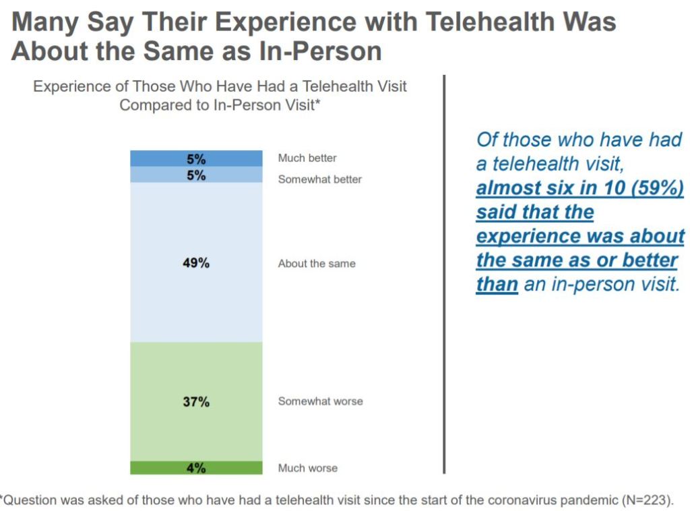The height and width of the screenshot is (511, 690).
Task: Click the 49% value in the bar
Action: coord(196,263)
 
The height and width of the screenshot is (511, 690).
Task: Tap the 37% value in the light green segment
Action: coord(196,401)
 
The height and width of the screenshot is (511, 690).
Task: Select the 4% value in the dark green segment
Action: coord(196,468)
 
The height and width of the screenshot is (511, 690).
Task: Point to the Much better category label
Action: coord(307,158)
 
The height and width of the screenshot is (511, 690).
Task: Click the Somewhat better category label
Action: coord(320,179)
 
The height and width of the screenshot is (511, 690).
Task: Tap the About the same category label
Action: coord(317,264)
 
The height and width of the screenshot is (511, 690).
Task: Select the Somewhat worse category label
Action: coord(321,401)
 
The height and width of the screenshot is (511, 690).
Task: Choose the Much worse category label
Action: coord(308,468)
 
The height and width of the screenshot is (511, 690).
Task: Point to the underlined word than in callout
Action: coord(497,284)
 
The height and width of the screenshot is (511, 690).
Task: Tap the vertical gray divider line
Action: coord(444,270)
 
